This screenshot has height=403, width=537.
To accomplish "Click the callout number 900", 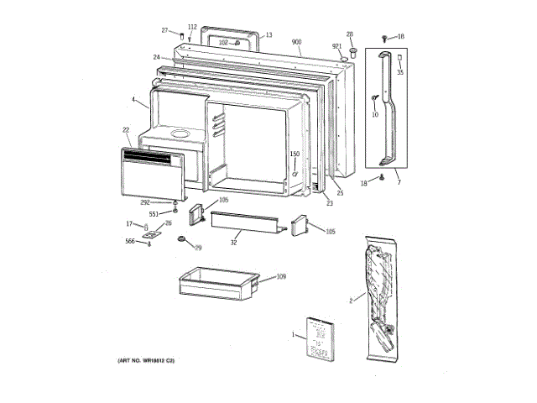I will [x=296, y=42].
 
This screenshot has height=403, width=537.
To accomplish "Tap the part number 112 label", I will [x=192, y=27].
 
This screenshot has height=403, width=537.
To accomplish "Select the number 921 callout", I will [x=336, y=46].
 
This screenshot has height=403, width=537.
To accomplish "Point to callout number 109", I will [x=281, y=276].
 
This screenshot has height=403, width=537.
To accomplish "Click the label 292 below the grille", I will [x=144, y=202].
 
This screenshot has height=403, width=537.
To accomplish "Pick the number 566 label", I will [x=130, y=242].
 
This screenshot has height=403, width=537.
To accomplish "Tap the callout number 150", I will [x=295, y=154].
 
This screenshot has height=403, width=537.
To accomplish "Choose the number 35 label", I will [x=400, y=72].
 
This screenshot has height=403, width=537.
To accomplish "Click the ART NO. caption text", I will [x=145, y=360].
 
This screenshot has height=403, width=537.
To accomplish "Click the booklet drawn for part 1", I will [x=318, y=338].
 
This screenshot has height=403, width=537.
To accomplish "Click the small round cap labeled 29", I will [x=180, y=241].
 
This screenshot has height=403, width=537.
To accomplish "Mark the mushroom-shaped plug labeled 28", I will [x=351, y=51].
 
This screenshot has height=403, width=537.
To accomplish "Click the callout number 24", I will [x=156, y=57].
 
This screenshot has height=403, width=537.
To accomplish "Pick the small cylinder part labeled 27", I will [x=181, y=34].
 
